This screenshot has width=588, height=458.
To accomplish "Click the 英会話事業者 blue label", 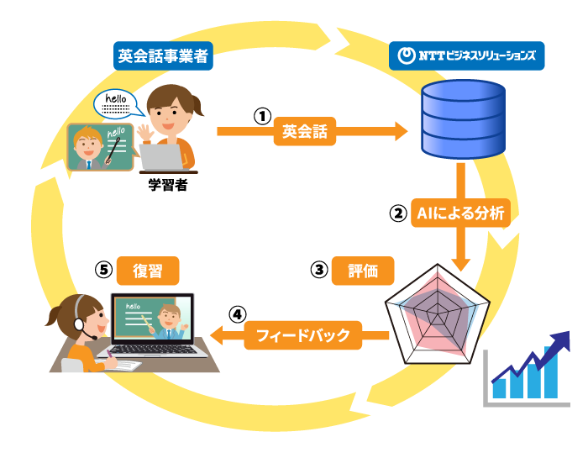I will click(162, 57).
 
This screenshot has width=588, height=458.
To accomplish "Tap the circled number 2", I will click(397, 213).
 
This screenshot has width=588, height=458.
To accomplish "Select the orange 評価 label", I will click(362, 271).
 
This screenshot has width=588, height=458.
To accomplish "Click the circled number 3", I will click(318, 270).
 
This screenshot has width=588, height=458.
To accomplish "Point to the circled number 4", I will click(238, 314).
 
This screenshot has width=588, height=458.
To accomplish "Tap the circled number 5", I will click(103, 270).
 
